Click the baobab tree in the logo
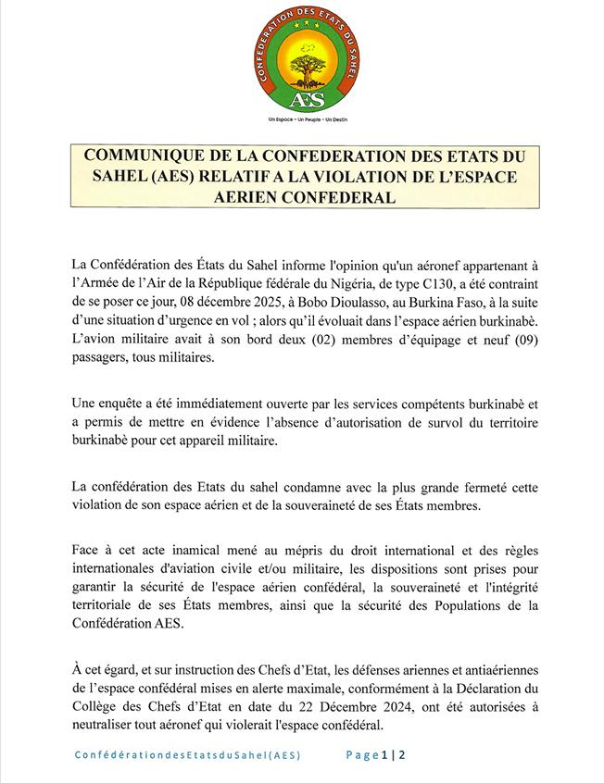301,67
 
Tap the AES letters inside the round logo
301,99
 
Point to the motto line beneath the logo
301,120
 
